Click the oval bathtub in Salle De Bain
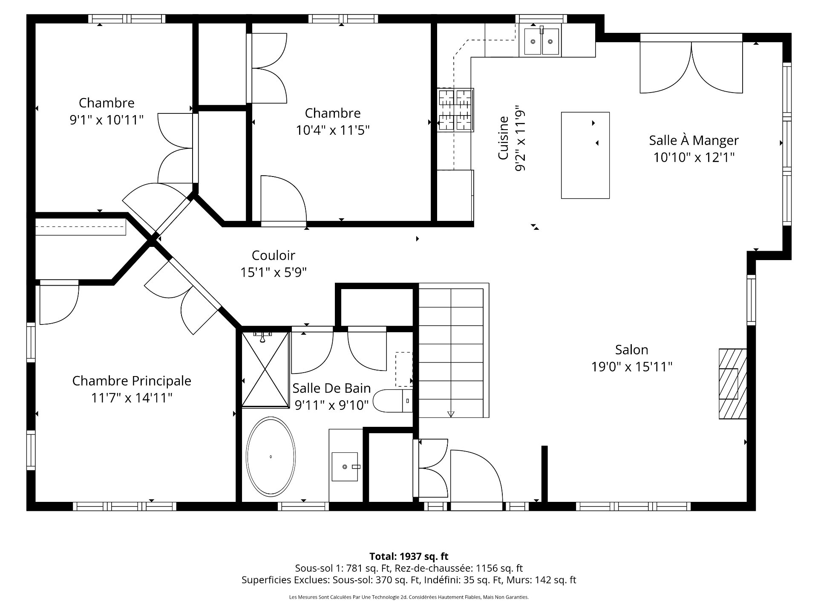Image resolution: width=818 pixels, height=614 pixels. coord(271,457)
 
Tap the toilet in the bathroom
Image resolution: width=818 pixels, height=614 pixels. coord(392,401)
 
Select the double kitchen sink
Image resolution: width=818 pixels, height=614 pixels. coord(541,41)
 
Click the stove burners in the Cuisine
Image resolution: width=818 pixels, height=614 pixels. coord(455,110)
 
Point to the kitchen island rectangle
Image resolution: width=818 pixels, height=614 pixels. coord(585,155)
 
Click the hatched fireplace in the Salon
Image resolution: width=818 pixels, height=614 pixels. coord(733,384)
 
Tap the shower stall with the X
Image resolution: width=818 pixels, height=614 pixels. coord(265,370)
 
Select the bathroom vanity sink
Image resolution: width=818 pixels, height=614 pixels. coord(345,466)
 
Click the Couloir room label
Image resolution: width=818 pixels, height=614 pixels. coord(274,255)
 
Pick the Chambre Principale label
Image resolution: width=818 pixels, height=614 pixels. coord(132,381)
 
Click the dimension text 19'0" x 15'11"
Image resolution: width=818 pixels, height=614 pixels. coord(632,367)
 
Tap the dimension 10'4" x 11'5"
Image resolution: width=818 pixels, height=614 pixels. coord(333,130)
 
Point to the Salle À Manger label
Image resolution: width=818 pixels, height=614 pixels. coord(694,140)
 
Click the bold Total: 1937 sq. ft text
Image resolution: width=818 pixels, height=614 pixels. coord(409,556)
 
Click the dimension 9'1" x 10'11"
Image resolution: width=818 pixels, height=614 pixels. coord(107,120)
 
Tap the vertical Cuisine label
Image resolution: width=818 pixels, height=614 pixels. coord(503,138)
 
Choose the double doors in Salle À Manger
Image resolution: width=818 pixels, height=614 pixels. coord(691,67)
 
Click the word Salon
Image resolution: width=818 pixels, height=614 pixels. coord(632,350)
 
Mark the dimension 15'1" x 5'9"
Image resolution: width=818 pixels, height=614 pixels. coord(274,272)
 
